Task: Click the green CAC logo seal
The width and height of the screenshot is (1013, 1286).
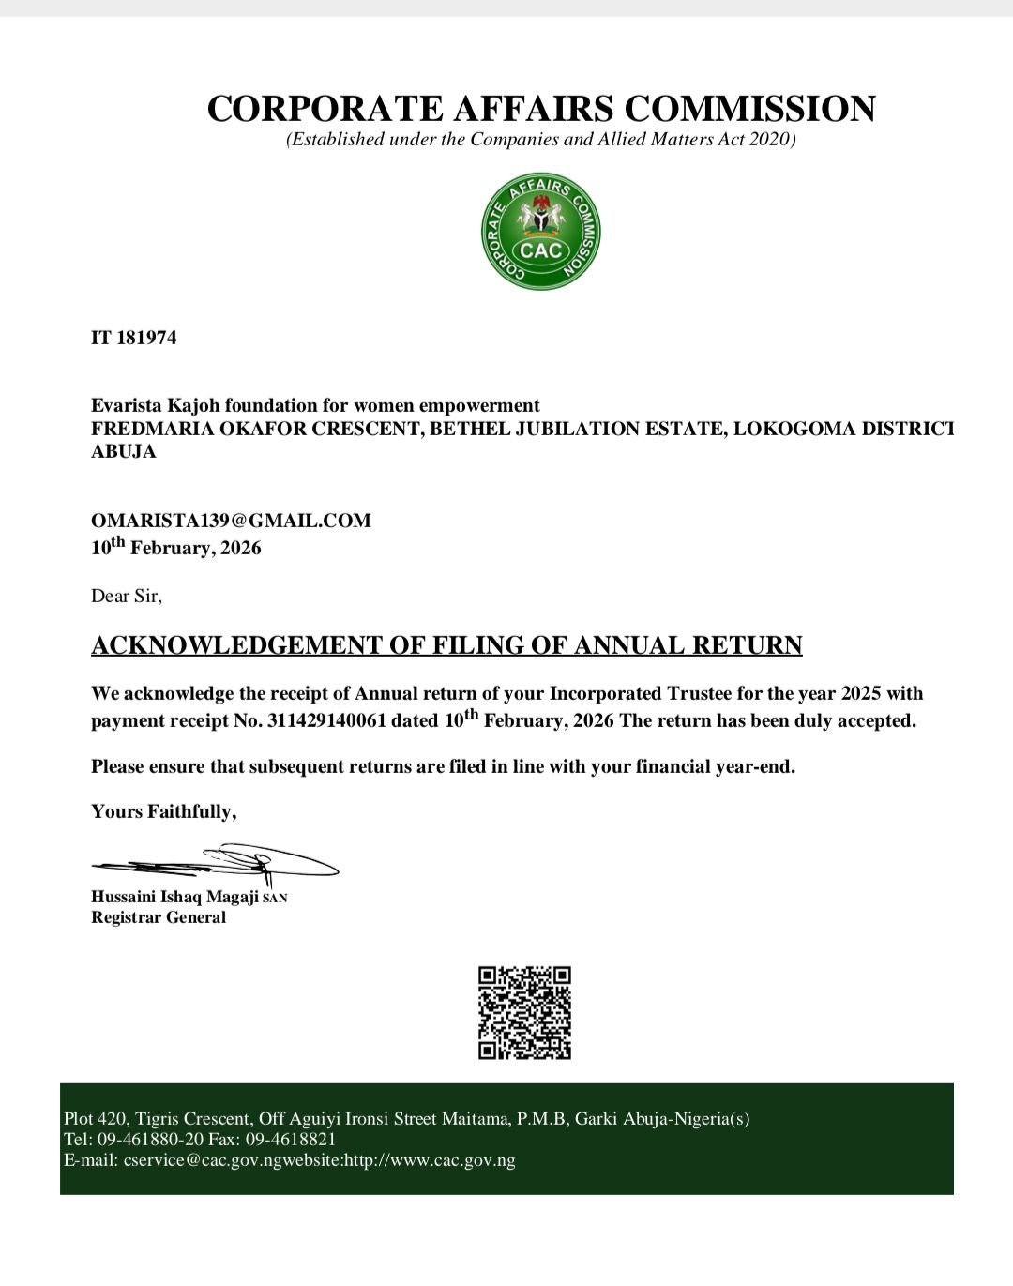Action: click(x=541, y=231)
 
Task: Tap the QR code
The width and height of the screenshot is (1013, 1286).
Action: click(x=524, y=1013)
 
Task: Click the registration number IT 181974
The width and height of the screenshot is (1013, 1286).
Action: click(x=133, y=338)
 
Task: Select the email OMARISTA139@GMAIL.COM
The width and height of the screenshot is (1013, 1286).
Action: click(x=231, y=521)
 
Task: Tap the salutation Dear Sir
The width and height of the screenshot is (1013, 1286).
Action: click(x=126, y=596)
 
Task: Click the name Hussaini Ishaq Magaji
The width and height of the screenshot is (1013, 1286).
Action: click(x=174, y=897)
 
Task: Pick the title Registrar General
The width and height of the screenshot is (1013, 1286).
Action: click(x=159, y=917)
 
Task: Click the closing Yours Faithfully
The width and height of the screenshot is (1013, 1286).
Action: click(x=163, y=811)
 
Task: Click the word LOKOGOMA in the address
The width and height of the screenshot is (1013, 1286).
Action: click(x=790, y=430)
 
